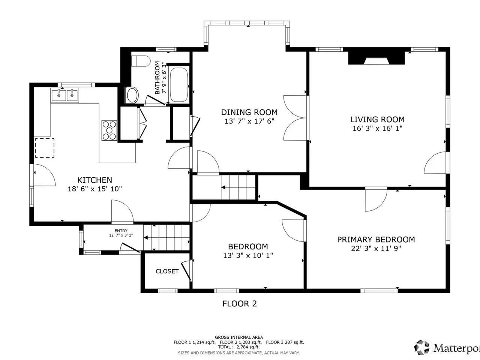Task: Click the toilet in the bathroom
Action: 141,61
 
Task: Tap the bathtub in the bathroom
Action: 179,85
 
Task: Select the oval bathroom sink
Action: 132,95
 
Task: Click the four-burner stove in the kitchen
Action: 109,130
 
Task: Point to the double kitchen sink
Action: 65,95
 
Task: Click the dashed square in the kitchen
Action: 45,148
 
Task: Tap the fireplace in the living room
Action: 376,58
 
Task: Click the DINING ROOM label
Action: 249,112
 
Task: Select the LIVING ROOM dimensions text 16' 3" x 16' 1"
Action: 378,128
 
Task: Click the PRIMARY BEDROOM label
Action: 376,240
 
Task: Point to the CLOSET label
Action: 167,271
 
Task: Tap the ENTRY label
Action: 121,231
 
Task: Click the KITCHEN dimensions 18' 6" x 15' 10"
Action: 95,189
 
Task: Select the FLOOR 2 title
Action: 240,304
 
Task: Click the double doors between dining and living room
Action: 295,118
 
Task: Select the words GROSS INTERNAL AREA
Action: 239,337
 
